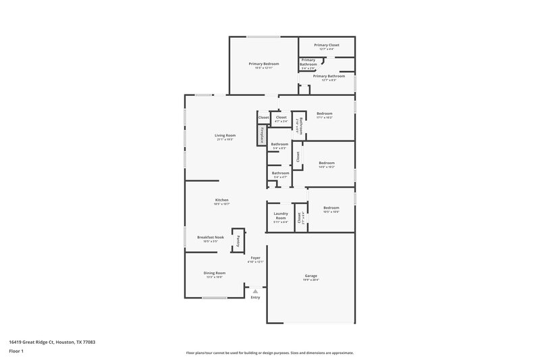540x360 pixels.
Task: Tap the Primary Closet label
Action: pyautogui.click(x=327, y=45)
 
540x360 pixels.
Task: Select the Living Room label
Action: pyautogui.click(x=225, y=136)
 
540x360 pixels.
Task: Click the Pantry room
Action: pyautogui.click(x=238, y=240)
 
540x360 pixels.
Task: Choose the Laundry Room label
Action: pyautogui.click(x=280, y=216)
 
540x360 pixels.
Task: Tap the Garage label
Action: pyautogui.click(x=310, y=276)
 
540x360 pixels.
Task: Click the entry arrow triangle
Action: pyautogui.click(x=255, y=291)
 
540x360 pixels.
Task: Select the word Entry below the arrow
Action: pyautogui.click(x=255, y=297)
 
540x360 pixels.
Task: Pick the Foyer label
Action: pyautogui.click(x=256, y=257)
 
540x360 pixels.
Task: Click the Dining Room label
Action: pyautogui.click(x=214, y=273)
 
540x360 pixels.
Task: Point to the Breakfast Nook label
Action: pyautogui.click(x=210, y=237)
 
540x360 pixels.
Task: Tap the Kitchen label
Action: pyautogui.click(x=222, y=200)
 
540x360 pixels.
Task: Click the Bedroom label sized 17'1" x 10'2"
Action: pyautogui.click(x=325, y=113)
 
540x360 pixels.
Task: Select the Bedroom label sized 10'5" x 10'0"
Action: pyautogui.click(x=331, y=207)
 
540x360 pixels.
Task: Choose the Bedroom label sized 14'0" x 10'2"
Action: pyautogui.click(x=327, y=162)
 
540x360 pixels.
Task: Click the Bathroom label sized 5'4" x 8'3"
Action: pyautogui.click(x=279, y=144)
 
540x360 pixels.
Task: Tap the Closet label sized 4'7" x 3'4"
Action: pyautogui.click(x=281, y=118)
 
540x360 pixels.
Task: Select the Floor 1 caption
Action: pyautogui.click(x=16, y=352)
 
